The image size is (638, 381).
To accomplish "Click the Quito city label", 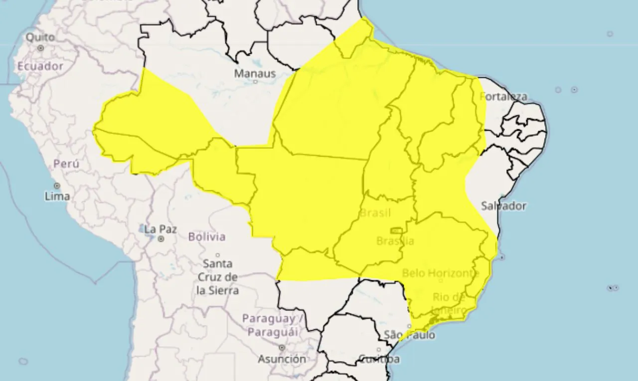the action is [x=40, y=37].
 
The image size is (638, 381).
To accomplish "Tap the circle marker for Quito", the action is [x=40, y=48].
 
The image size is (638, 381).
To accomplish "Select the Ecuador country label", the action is [x=40, y=66].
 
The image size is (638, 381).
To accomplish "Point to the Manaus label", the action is [x=255, y=73].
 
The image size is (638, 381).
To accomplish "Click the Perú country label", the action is [x=66, y=164].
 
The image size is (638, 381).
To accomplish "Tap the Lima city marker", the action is [x=57, y=186].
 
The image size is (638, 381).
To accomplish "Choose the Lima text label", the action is [x=57, y=196].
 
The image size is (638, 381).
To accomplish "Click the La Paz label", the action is [x=160, y=229].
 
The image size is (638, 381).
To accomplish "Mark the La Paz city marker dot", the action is [x=161, y=239].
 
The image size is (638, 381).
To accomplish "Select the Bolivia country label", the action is [x=207, y=236].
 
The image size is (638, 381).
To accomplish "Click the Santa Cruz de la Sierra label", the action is [x=218, y=277].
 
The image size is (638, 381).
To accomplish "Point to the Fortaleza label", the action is [x=503, y=96].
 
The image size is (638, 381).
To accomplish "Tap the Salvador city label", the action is [x=503, y=205].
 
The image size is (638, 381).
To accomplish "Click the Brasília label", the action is [x=395, y=241].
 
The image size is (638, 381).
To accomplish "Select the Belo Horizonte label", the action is [x=440, y=273].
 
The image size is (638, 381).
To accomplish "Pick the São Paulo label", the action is [x=409, y=335].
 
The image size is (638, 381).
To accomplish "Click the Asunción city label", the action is [x=282, y=359].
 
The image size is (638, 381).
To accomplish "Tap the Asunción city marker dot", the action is [x=282, y=347].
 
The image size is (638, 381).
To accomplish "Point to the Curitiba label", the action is [x=379, y=359].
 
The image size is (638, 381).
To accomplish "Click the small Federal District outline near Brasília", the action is [x=397, y=230].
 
